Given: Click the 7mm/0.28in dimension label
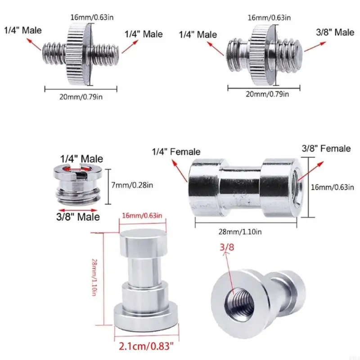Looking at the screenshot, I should point(132,185).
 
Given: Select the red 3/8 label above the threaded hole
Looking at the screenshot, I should point(226,247).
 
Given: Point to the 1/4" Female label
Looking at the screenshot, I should point(176,152).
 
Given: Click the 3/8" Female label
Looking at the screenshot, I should point(326,148).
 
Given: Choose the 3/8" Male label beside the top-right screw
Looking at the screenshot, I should point(335,32).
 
